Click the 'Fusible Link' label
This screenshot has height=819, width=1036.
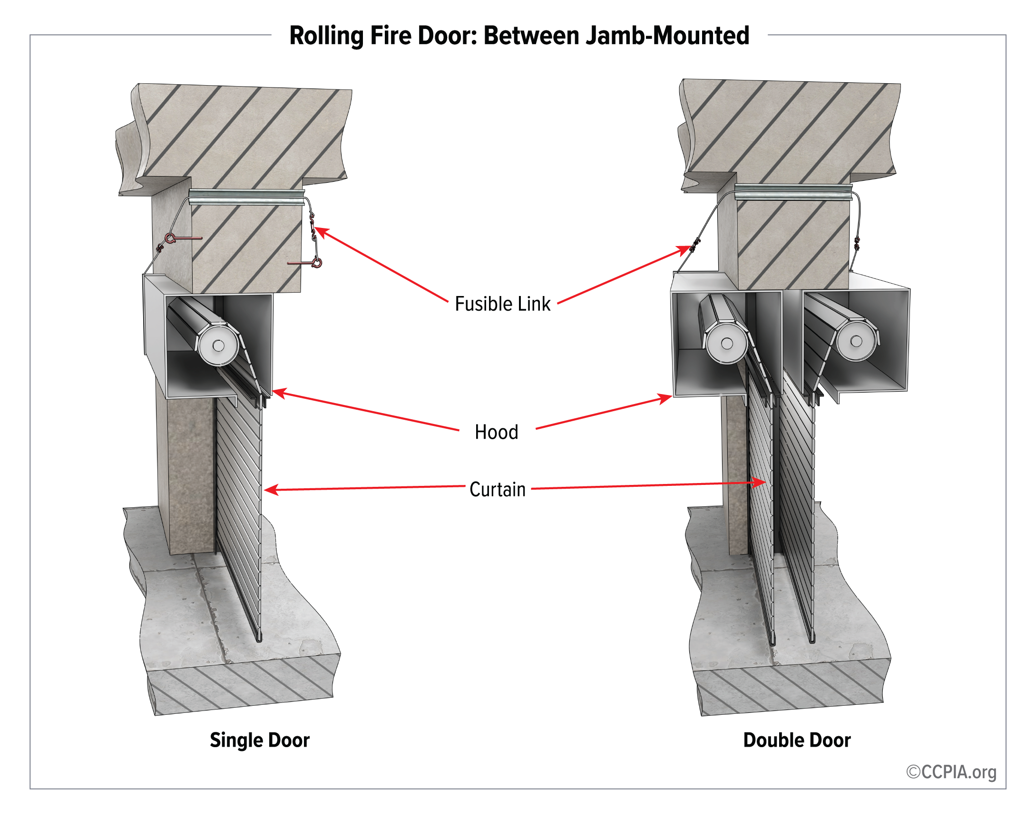pos(502,304)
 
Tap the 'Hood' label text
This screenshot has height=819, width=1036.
pos(497,432)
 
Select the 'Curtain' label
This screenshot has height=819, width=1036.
pos(498,490)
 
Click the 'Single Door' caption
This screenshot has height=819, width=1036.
pos(259,740)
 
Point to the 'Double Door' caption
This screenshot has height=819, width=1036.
pos(796,740)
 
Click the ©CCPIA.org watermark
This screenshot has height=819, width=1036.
pos(951,772)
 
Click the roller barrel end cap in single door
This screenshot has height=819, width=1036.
pos(218,345)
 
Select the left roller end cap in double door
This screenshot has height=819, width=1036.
pos(726,343)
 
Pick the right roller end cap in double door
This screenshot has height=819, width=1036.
pos(856,341)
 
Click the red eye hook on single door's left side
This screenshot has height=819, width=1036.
pos(171,238)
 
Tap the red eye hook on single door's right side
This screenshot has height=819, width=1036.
pos(316,262)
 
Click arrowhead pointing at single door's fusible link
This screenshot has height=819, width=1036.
pos(320,231)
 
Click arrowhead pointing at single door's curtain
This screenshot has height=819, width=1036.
pos(270,490)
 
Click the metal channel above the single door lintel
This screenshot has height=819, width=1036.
pos(247,197)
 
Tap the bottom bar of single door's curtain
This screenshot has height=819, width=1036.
pos(259,637)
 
